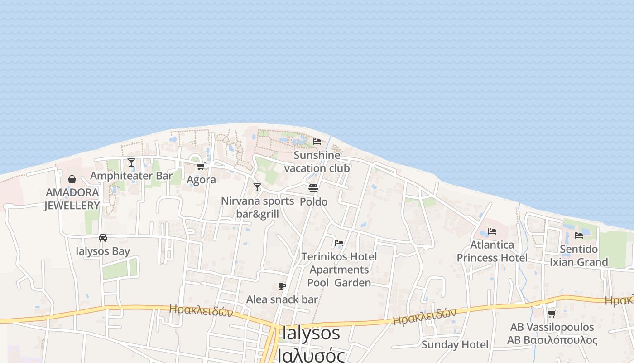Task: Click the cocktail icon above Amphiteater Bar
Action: (131, 162)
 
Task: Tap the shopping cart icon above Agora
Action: (201, 166)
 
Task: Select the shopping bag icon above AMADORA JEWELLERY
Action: (72, 179)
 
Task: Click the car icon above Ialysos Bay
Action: (103, 238)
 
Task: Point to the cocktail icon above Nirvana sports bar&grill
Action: (257, 187)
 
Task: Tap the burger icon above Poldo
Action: (313, 188)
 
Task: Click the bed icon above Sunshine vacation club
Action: (317, 142)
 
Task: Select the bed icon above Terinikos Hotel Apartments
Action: (339, 243)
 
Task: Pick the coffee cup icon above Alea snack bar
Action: (282, 286)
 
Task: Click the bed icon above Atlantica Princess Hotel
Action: (492, 231)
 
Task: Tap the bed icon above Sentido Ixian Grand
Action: (579, 235)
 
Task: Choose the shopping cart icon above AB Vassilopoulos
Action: (552, 314)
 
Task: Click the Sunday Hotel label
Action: (455, 344)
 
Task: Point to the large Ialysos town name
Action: (311, 333)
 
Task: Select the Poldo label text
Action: (313, 201)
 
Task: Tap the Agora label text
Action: (201, 180)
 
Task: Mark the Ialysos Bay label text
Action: (103, 251)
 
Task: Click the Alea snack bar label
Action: (282, 299)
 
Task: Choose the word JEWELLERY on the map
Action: (72, 206)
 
